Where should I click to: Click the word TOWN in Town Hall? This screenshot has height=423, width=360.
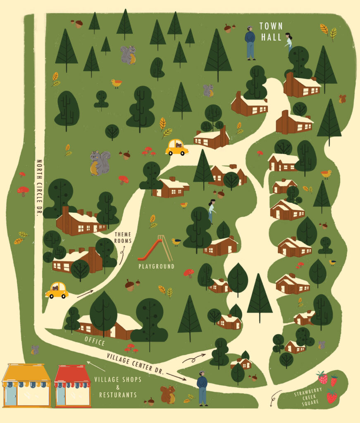click(x=271, y=26)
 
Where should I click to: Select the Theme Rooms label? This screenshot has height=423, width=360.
click(x=123, y=238)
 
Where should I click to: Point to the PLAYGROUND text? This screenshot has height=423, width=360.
click(x=156, y=266)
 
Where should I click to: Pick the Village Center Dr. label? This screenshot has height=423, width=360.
click(x=135, y=363)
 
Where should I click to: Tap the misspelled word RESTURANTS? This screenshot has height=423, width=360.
click(x=118, y=395)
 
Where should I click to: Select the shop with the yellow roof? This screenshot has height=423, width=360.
click(x=26, y=385)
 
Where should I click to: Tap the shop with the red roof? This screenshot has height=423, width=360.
click(x=73, y=385)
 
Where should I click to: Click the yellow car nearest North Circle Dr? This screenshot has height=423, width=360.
click(x=57, y=290)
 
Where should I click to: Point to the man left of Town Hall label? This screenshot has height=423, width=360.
click(x=250, y=43)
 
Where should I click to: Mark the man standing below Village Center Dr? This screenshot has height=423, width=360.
click(x=202, y=388)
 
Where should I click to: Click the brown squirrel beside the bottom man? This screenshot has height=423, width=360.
click(x=168, y=394)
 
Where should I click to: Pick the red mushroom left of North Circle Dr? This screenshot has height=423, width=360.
click(x=23, y=191)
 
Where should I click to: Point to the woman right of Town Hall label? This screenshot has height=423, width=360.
click(x=288, y=41)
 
